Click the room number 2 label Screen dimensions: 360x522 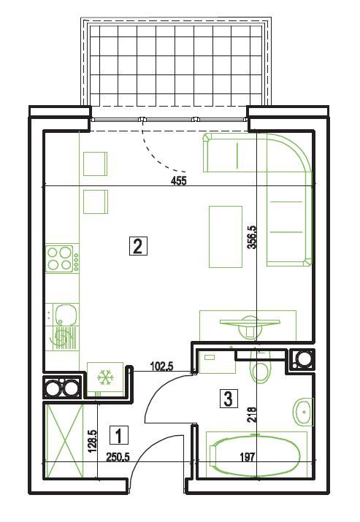138,246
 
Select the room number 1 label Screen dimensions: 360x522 119,435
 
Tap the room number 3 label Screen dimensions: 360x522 229,399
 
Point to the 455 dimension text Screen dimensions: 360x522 179,181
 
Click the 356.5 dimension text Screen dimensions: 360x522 252,237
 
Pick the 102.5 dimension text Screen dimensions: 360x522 161,366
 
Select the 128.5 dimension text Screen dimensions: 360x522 92,441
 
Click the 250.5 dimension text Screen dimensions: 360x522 118,457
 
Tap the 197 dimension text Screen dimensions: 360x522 248,457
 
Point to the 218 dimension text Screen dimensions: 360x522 252,415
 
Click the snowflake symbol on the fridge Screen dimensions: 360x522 106,377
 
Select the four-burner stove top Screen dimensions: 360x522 60,258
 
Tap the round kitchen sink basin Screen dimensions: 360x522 66,315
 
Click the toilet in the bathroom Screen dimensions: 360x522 260,366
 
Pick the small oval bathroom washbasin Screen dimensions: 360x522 303,412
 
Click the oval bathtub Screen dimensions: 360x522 255,456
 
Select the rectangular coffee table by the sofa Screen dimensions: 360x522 226,237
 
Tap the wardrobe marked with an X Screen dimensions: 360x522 65,441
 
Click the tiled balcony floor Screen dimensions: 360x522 175,65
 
